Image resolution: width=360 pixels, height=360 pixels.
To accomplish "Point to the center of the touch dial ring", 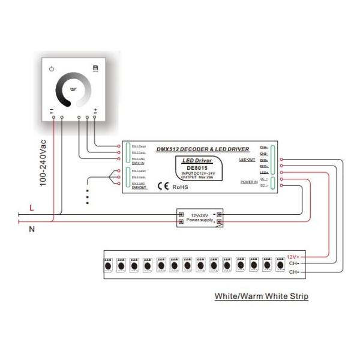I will pyautogui.click(x=74, y=91).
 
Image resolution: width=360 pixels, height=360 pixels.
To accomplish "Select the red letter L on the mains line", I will pyautogui.click(x=31, y=208).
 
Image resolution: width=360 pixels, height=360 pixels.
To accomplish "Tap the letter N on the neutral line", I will pyautogui.click(x=31, y=229).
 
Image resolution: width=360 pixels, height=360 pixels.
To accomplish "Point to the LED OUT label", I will pyautogui.click(x=247, y=160).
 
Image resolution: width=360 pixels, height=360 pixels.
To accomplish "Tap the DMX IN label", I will pyautogui.click(x=139, y=163).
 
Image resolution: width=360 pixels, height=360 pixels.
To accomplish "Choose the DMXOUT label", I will pyautogui.click(x=139, y=188).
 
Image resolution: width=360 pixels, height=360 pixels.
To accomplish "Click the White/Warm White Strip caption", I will pyautogui.click(x=261, y=296).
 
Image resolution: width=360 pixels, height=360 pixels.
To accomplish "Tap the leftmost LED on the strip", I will pyautogui.click(x=108, y=265).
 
